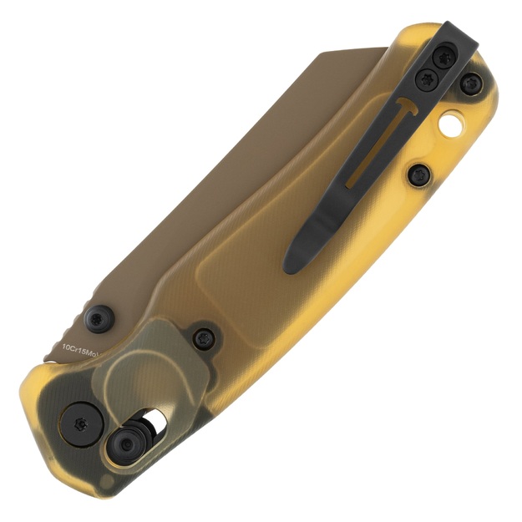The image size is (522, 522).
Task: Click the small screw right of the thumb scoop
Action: point(205,338)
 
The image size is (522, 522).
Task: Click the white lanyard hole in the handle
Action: point(452,126)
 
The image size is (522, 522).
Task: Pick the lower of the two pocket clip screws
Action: point(428,79)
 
